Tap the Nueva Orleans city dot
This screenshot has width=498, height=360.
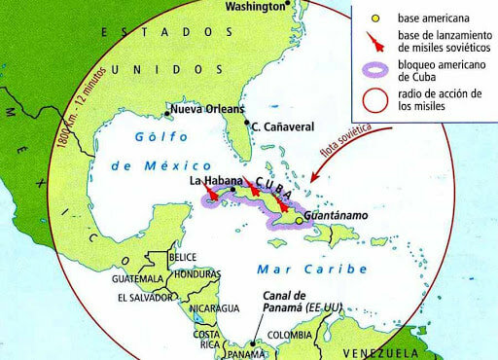click(x=172, y=109)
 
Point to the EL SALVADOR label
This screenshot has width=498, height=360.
click(x=148, y=297)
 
